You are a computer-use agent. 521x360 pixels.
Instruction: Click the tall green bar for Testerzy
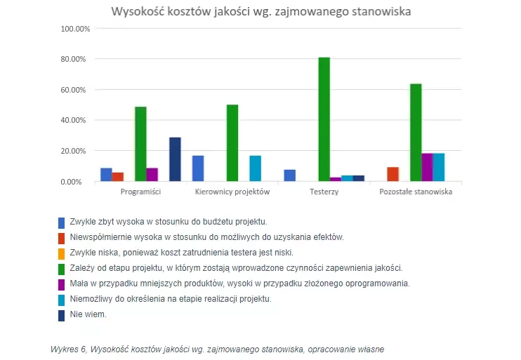324,119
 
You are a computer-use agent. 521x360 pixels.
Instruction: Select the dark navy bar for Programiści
175,159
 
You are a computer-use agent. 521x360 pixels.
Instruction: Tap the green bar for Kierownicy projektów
232,143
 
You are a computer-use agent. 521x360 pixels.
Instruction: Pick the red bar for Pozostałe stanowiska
393,174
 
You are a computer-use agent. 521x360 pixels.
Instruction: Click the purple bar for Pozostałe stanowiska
427,167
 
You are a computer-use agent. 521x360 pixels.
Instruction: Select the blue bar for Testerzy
289,175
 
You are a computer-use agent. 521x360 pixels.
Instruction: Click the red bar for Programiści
118,177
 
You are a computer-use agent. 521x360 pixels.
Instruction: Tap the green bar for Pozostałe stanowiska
416,133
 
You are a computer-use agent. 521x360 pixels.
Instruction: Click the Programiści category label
140,192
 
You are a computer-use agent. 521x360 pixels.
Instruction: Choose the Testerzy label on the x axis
324,192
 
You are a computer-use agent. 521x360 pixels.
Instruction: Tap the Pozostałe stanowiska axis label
416,192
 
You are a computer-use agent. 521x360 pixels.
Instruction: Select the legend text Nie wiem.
88,315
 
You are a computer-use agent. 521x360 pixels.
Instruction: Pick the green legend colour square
62,269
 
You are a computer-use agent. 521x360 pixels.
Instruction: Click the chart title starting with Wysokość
260,11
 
